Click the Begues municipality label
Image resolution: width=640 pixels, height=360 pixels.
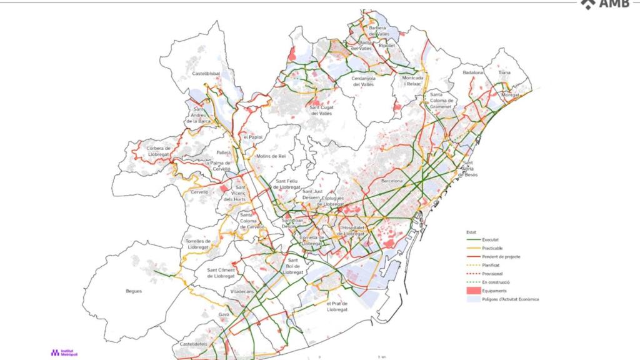134,291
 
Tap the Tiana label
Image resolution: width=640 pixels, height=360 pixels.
504,72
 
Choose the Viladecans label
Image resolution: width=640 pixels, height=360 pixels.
242,291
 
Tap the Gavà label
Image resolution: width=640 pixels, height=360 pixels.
223,315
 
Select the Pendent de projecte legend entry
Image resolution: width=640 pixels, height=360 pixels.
501,257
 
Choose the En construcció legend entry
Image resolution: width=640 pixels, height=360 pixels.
498,282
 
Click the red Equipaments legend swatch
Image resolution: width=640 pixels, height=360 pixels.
472,291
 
